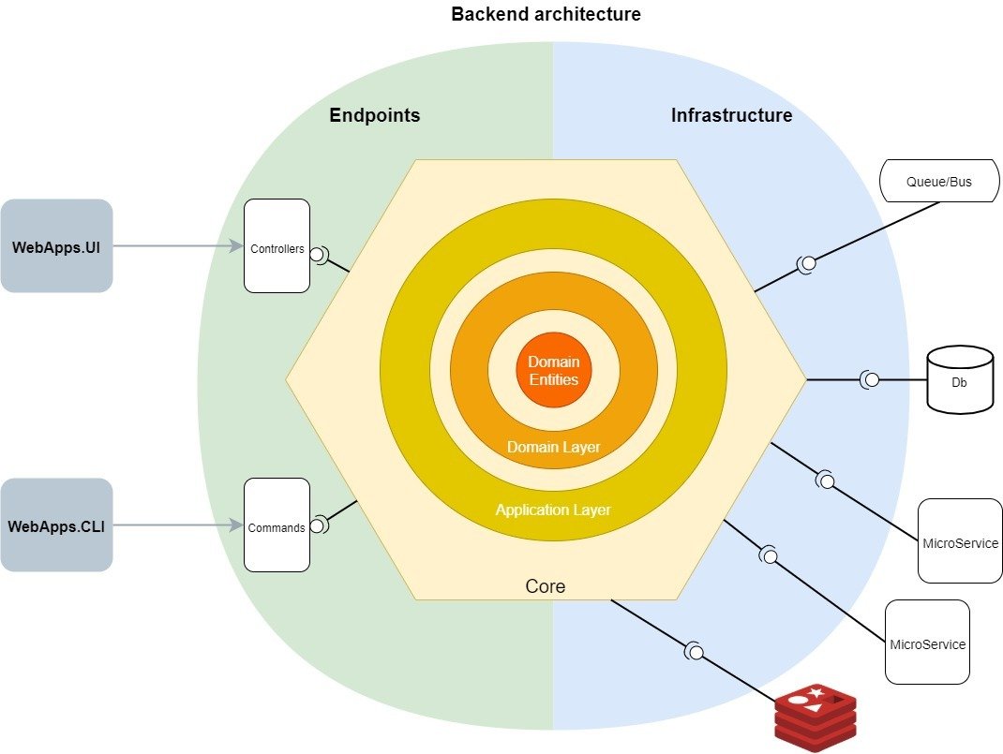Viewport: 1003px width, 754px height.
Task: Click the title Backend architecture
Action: coord(546,15)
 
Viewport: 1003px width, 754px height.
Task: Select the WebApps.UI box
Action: coord(56,246)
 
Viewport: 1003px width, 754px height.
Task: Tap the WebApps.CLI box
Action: coord(56,525)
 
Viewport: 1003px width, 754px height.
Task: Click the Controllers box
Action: coord(277,245)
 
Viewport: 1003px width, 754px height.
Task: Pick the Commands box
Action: coord(277,525)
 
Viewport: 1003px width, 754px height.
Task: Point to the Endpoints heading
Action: coord(374,116)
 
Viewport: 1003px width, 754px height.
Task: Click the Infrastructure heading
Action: coord(731,116)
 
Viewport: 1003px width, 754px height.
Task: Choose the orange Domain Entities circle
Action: coord(553,370)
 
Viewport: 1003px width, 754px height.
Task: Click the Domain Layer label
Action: coord(553,448)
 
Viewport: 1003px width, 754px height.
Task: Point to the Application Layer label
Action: coord(553,510)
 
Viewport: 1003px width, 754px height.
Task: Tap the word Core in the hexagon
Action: coord(545,586)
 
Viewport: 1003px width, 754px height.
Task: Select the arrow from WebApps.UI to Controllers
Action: coord(178,246)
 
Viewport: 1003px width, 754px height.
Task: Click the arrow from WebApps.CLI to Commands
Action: coord(178,525)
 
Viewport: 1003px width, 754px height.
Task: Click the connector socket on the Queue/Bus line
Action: coord(806,264)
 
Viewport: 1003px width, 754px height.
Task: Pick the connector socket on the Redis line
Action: coord(695,651)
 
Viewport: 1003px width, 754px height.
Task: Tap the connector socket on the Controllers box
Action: coord(319,254)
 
